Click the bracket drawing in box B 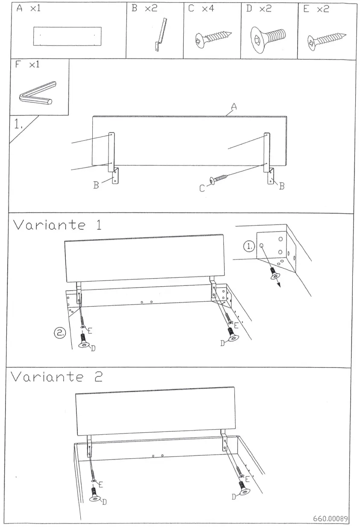tap(160, 36)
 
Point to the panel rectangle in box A tap(67, 36)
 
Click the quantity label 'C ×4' tap(201, 9)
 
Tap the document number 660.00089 tap(331, 519)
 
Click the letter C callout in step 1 tap(202, 188)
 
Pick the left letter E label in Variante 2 tap(101, 484)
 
